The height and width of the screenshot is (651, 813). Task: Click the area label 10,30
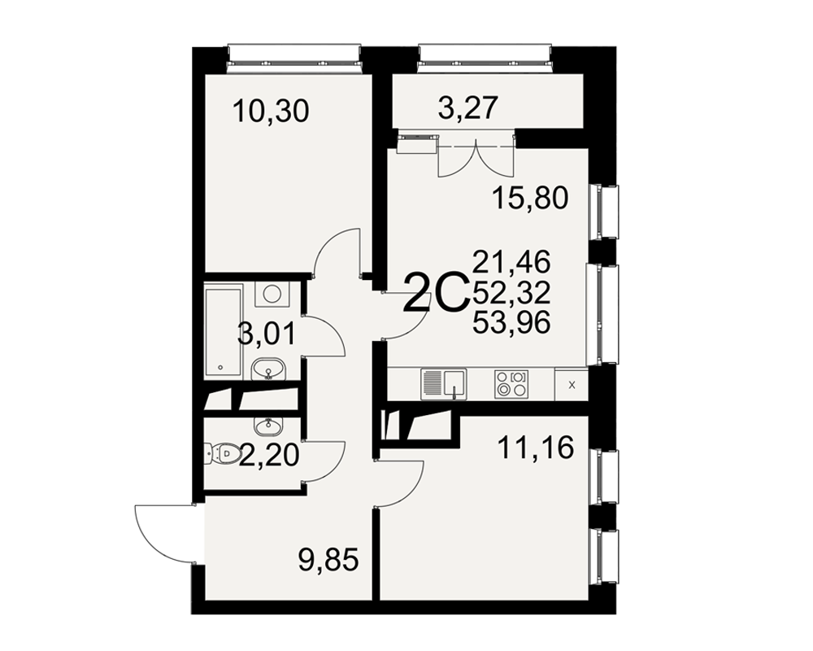[271, 111]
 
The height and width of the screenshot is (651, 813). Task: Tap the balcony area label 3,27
[468, 108]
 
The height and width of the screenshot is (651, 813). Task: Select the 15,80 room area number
[530, 198]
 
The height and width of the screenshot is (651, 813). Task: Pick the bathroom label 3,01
[266, 334]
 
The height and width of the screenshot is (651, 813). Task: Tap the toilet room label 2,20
[268, 455]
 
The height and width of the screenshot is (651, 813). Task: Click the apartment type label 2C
[436, 293]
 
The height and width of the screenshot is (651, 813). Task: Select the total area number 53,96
[511, 324]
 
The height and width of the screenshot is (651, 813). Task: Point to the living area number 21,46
[511, 262]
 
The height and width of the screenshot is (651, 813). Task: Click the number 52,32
[511, 293]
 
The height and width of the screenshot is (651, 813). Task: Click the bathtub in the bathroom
[223, 331]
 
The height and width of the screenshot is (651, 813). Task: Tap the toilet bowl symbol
[224, 454]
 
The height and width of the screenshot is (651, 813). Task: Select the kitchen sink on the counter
[444, 384]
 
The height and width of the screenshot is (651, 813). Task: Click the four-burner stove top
[511, 384]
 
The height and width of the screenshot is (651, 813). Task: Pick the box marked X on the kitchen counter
[572, 385]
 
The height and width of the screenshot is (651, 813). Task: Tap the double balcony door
[476, 155]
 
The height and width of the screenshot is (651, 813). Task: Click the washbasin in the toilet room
[268, 426]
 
